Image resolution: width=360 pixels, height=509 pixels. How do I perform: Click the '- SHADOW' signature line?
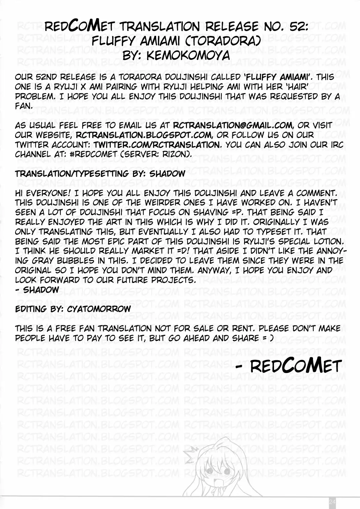pos(37,290)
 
